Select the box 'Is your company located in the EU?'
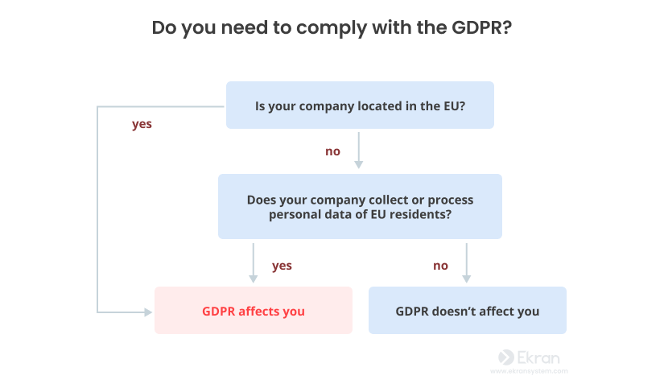pyautogui.click(x=360, y=105)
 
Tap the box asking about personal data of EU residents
pyautogui.click(x=360, y=206)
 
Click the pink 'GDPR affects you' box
pyautogui.click(x=254, y=310)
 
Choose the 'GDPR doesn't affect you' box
pyautogui.click(x=468, y=310)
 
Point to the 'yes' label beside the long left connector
pyautogui.click(x=142, y=125)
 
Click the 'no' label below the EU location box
pyautogui.click(x=333, y=151)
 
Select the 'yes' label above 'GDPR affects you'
pyautogui.click(x=282, y=266)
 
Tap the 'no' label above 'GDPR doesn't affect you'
pyautogui.click(x=440, y=266)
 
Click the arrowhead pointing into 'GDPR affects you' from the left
pyautogui.click(x=148, y=312)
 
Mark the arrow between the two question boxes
pyautogui.click(x=359, y=151)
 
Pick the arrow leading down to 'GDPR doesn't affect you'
pyautogui.click(x=466, y=263)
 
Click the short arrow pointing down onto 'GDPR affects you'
pyautogui.click(x=254, y=263)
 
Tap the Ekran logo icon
pyautogui.click(x=506, y=357)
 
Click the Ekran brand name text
pyautogui.click(x=538, y=357)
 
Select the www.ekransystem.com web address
pyautogui.click(x=529, y=371)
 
